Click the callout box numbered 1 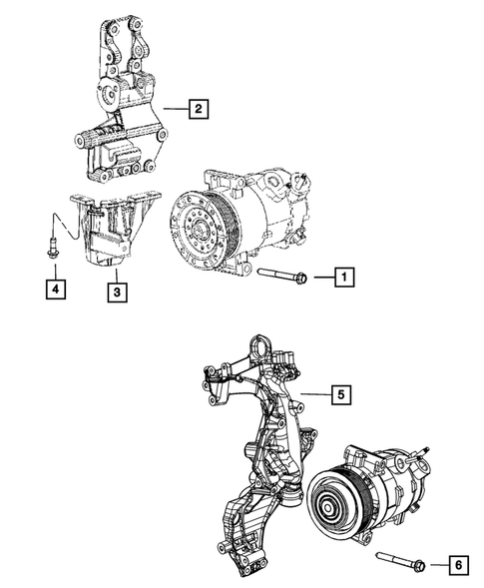(x=341, y=276)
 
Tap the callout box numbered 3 (x=117, y=292)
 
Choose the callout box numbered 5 (x=338, y=395)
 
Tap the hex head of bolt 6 (x=418, y=565)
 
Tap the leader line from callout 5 (x=314, y=395)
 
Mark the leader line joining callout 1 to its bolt (x=319, y=276)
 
